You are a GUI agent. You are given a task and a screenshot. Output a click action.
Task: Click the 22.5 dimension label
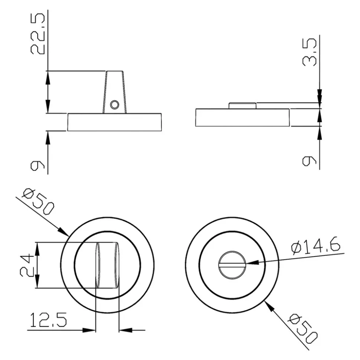(38, 34)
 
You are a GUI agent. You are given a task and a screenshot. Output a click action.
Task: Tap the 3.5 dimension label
(310, 52)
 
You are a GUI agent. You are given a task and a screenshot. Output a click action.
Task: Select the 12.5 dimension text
(48, 319)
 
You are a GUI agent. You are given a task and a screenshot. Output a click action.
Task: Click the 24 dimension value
(27, 265)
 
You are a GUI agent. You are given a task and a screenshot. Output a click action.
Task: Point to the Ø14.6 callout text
(315, 246)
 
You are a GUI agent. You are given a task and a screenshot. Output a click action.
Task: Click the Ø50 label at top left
(38, 202)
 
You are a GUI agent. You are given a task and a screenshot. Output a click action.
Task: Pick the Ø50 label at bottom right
(303, 329)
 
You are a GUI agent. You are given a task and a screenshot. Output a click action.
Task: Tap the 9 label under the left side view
(37, 166)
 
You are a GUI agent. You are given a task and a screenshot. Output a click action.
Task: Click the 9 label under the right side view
(310, 161)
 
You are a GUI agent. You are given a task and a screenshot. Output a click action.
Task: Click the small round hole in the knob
(114, 105)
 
